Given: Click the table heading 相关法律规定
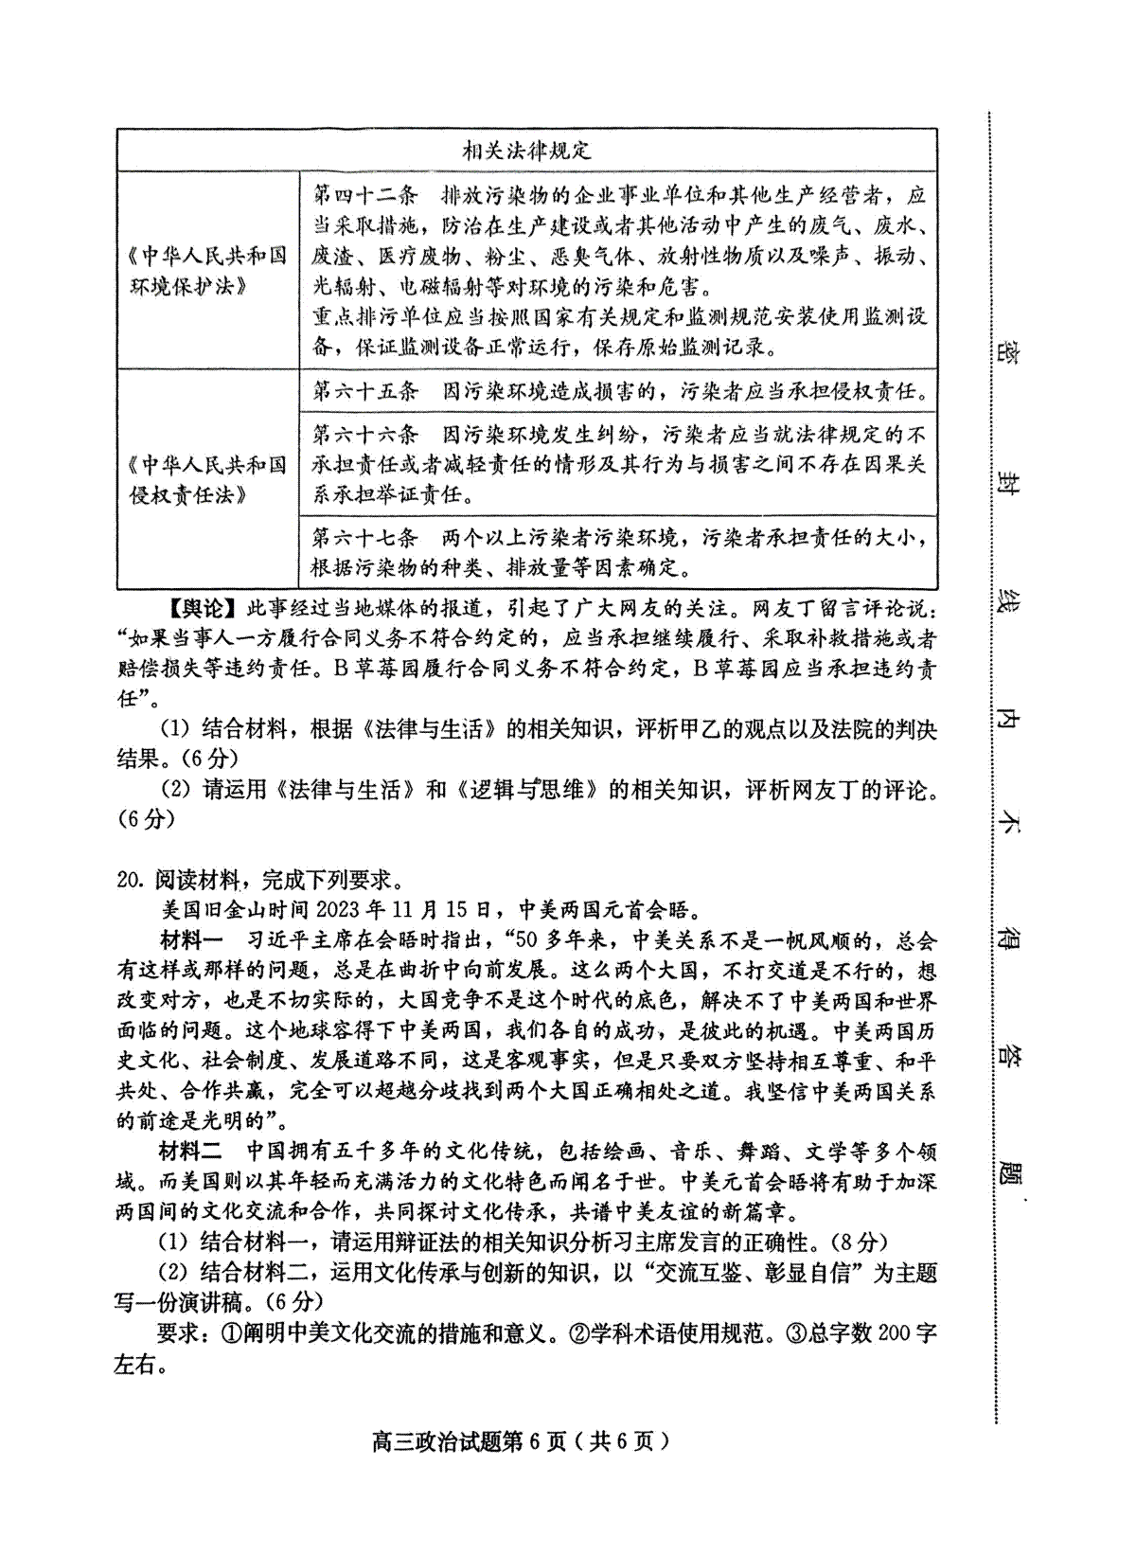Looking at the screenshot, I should tap(526, 150).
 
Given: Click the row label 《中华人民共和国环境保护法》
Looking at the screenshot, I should tap(208, 271).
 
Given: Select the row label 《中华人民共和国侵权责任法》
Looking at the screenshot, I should tap(208, 479).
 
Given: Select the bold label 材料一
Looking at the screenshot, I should tap(189, 940).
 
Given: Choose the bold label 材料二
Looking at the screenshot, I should tap(189, 1153).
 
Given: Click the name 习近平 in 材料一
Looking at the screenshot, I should tap(280, 940).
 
